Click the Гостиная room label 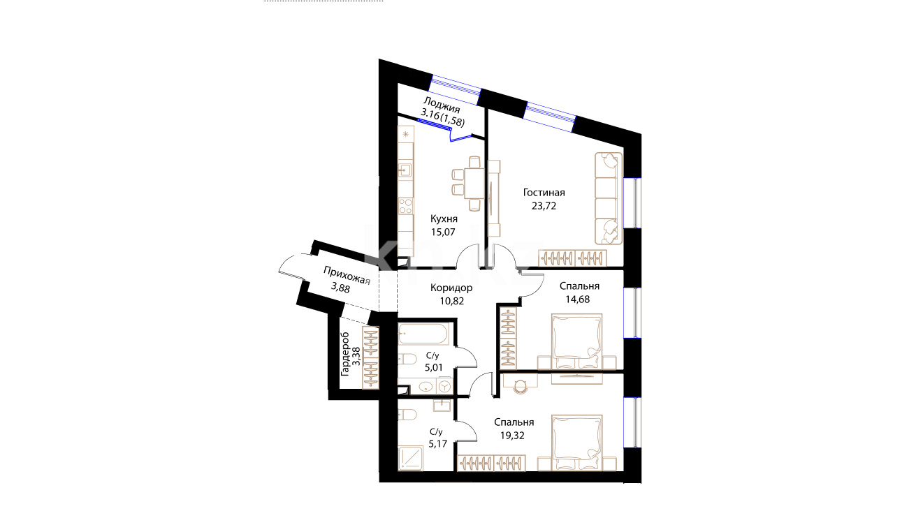[x=544, y=193]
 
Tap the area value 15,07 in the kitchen [x=443, y=232]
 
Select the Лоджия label [x=442, y=105]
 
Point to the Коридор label [x=451, y=288]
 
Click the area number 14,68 [x=578, y=299]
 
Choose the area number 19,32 [x=512, y=436]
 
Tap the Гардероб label [x=345, y=354]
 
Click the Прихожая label [x=347, y=276]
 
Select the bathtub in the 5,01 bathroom [x=423, y=334]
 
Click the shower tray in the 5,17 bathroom [x=411, y=458]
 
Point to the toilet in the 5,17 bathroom [x=407, y=415]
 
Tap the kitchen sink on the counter [x=405, y=170]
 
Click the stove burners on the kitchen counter [x=405, y=206]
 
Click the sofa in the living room [x=609, y=198]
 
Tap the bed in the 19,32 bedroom [x=576, y=442]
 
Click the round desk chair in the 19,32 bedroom [x=521, y=387]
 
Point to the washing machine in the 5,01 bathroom [x=445, y=386]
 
